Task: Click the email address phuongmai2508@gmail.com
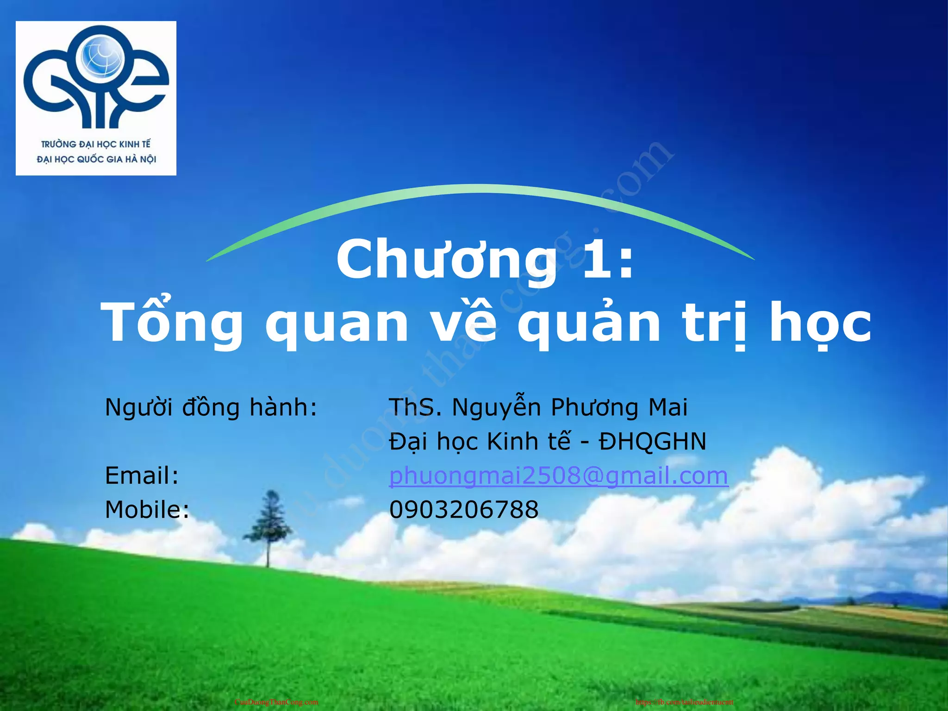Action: [559, 476]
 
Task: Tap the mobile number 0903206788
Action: [464, 510]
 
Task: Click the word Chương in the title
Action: [446, 260]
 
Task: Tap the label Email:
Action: [142, 476]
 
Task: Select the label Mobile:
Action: [147, 510]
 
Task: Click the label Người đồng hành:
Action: [211, 408]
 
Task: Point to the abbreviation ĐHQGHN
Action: [653, 442]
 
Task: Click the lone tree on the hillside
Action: [268, 528]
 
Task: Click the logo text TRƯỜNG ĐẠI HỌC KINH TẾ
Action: [96, 144]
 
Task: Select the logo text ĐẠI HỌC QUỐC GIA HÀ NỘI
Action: [96, 159]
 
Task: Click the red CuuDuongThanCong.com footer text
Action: [276, 702]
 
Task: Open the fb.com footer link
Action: [684, 702]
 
